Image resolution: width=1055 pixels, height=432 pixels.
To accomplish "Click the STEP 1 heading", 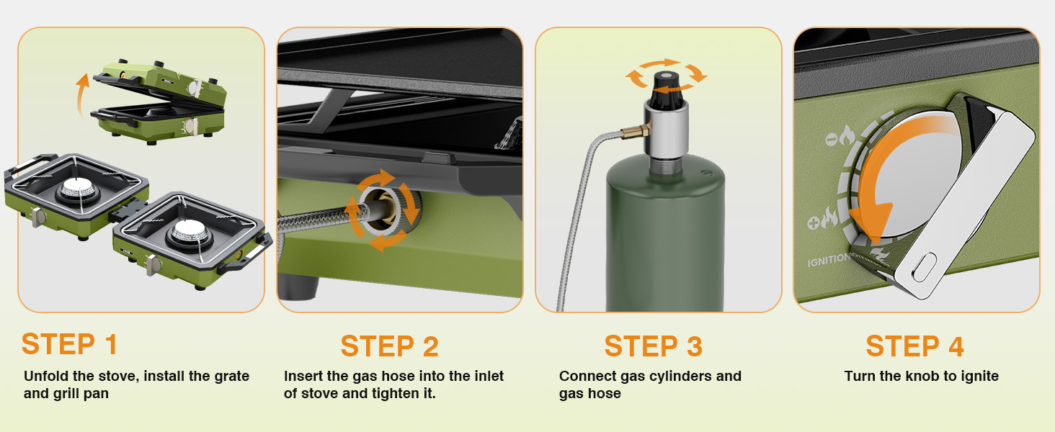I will point(69,344).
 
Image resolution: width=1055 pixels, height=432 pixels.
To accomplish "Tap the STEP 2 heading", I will point(389,346).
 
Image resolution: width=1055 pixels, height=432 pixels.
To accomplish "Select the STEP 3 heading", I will point(653,346).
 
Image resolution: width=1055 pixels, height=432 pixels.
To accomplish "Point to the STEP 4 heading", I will point(914,346).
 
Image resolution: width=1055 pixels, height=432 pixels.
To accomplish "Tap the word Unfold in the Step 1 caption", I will point(45,376).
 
